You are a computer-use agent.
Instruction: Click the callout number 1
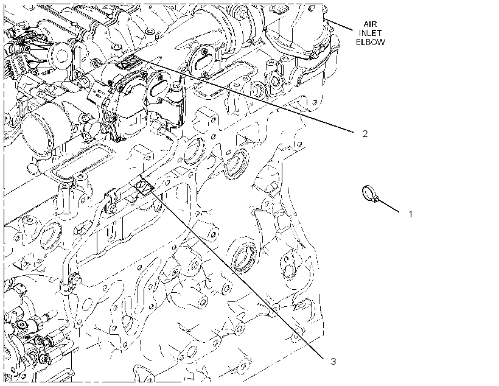(x=410, y=214)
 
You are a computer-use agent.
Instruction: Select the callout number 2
(x=365, y=134)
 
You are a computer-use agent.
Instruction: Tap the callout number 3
(x=333, y=361)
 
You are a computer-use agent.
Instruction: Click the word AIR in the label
(x=370, y=24)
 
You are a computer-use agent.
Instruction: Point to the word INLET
(x=370, y=33)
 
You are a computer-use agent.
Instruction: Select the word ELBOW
(x=370, y=42)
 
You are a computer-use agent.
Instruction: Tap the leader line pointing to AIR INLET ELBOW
(x=340, y=24)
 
